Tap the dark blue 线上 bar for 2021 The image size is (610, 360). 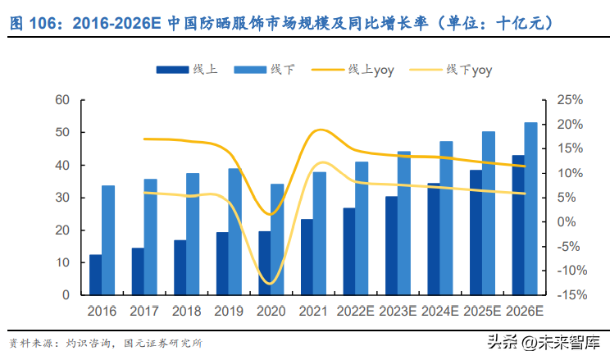click(x=307, y=257)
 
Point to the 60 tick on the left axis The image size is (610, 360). click(x=64, y=100)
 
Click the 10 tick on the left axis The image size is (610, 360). click(x=64, y=262)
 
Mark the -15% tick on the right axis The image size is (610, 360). click(x=568, y=295)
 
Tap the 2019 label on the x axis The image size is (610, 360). click(x=229, y=312)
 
